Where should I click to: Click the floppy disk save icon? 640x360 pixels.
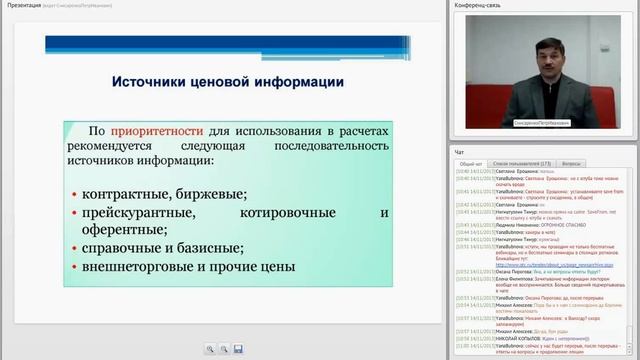coord(238,348)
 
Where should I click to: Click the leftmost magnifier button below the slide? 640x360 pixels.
coord(210,348)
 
